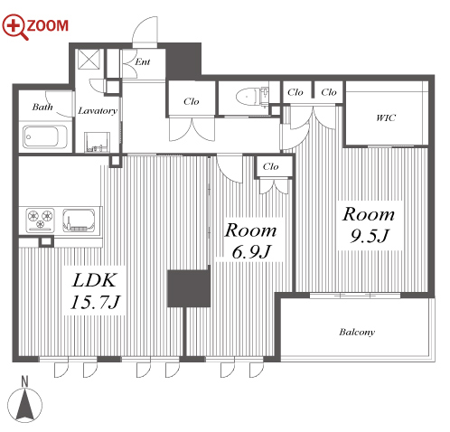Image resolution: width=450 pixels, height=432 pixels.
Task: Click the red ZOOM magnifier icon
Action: [15, 26]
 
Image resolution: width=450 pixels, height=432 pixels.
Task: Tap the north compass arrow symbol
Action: [24, 404]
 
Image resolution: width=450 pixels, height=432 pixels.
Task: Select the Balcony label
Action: [357, 332]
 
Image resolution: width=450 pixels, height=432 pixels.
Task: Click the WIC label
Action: [386, 117]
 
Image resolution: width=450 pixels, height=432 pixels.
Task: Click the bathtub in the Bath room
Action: [45, 136]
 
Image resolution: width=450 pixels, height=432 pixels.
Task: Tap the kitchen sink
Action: [79, 221]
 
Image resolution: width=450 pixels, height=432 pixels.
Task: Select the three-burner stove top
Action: [40, 220]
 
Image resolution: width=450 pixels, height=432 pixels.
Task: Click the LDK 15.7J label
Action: [95, 291]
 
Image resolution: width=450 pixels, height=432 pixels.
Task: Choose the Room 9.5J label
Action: [369, 225]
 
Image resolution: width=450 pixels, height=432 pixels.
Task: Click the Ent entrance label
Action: [142, 61]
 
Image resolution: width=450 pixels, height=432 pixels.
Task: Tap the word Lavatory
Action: [98, 110]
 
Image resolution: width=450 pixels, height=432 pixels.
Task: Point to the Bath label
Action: [42, 107]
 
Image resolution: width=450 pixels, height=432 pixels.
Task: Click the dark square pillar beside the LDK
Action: [189, 288]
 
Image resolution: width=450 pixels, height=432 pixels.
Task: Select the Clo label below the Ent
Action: [192, 101]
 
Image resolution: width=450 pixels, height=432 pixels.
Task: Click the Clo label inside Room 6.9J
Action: [270, 166]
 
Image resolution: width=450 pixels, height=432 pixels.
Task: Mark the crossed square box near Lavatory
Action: [89, 60]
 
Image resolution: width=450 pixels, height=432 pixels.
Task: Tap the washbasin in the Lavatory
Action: [97, 142]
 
